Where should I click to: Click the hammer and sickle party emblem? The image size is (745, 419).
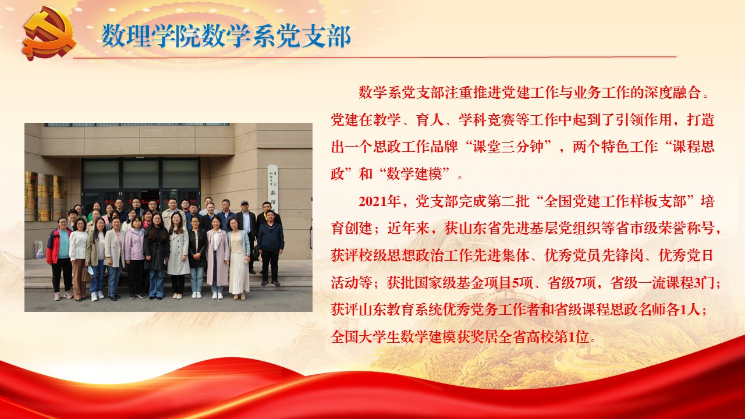50,33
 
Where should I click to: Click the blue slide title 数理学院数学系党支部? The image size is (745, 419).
226,36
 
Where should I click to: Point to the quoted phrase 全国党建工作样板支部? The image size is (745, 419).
615,202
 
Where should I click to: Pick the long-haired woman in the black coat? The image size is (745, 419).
156,256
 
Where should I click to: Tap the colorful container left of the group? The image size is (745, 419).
39,250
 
